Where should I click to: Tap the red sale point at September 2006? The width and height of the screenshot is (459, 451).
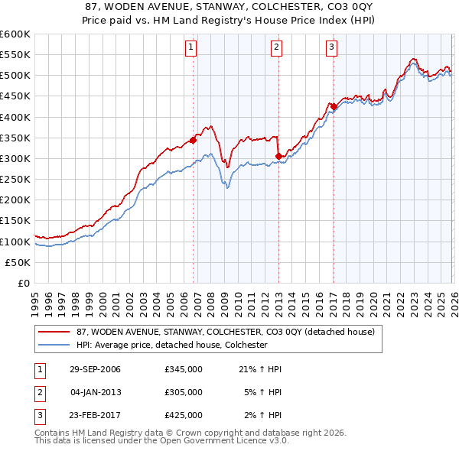coord(194,140)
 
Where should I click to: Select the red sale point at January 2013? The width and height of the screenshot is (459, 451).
coord(278,156)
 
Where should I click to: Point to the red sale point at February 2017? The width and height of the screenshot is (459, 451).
coord(334,106)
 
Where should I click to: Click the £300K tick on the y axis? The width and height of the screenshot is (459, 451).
coord(15,158)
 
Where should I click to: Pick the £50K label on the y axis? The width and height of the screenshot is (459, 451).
coord(18,262)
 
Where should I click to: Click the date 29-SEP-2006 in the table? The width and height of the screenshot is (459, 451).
coord(95,370)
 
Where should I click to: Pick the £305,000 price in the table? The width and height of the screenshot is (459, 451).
coord(184,392)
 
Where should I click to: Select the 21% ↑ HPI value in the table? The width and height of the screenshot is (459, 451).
coord(261,370)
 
